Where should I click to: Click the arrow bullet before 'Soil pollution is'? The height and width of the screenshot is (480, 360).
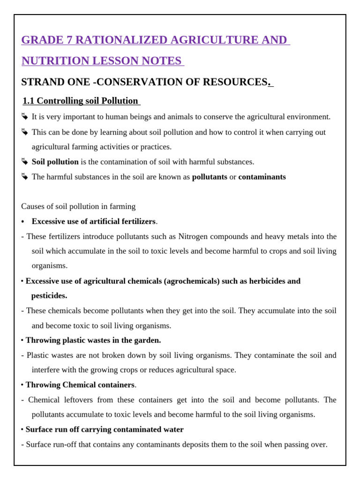(x=25, y=162)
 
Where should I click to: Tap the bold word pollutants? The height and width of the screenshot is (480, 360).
(x=210, y=177)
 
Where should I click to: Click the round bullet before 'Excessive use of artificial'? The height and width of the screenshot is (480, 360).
(x=23, y=221)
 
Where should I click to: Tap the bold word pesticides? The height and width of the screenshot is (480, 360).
(x=49, y=296)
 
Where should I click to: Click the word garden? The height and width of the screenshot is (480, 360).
(x=147, y=340)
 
